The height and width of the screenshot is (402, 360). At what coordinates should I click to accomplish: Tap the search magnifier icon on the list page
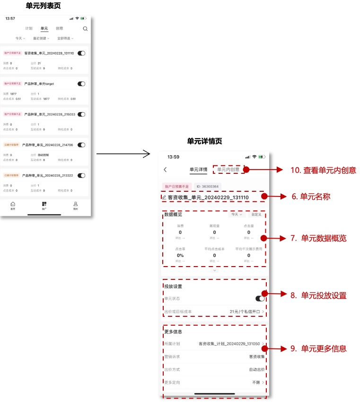pos(85,29)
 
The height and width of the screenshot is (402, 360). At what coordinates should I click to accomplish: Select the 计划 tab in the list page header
pos(29,29)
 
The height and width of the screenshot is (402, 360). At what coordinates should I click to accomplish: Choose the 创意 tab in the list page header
pos(59,29)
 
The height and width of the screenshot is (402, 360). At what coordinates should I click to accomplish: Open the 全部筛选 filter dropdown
pos(65,38)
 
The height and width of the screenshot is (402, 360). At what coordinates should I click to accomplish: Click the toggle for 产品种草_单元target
pos(81,84)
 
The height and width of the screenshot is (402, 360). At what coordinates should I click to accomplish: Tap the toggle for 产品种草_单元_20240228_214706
pos(81,145)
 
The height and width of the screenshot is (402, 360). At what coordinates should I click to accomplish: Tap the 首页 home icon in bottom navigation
pos(13,205)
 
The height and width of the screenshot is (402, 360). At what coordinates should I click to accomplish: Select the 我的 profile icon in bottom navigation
pos(75,205)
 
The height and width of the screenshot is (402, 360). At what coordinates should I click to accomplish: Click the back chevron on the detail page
pos(165,170)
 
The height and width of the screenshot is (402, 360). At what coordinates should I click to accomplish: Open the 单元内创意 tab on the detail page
pos(228,169)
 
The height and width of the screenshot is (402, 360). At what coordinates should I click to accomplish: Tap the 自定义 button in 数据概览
pos(256,214)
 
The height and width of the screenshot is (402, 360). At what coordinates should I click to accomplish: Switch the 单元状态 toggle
pos(260,298)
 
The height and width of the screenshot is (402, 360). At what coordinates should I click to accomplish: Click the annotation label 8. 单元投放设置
pos(318,295)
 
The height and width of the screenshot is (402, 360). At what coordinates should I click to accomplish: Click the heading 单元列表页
pos(43,6)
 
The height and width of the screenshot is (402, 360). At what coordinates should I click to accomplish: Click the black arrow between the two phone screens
pos(123,153)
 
